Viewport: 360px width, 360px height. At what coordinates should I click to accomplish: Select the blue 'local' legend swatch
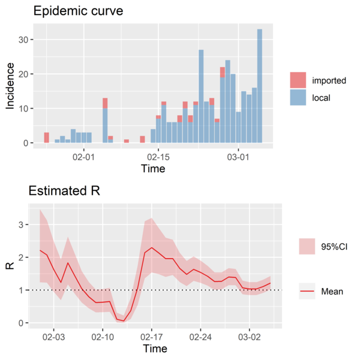click(298, 96)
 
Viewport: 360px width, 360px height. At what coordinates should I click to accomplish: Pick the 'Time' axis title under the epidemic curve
click(153, 169)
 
